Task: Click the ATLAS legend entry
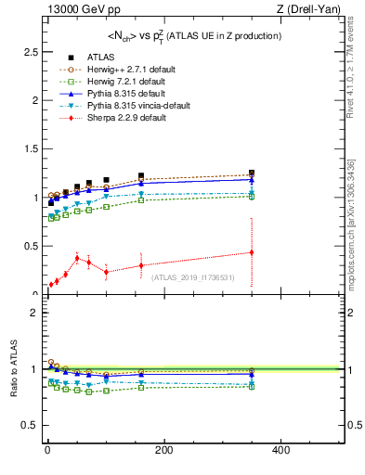100,57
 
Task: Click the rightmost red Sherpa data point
251,252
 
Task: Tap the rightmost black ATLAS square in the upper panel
251,173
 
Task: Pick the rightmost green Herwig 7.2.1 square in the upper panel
251,196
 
